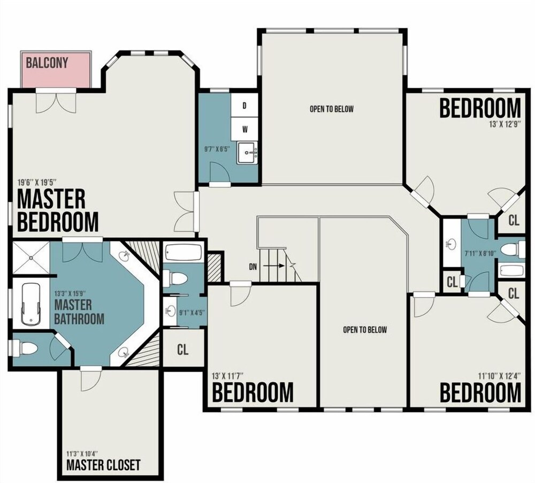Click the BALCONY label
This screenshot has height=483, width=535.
(47, 63)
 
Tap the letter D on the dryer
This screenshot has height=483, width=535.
(244, 106)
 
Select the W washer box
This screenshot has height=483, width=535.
(244, 130)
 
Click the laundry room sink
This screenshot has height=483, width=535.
(248, 153)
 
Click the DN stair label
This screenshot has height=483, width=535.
(253, 267)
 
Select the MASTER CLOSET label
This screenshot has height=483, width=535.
(103, 465)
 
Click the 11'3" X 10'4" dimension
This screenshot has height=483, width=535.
(82, 454)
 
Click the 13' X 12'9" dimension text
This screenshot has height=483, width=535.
(503, 124)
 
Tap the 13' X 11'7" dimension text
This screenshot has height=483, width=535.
(227, 376)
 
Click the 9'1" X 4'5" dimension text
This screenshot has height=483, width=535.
(192, 312)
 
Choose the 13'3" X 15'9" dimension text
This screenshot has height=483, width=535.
(70, 293)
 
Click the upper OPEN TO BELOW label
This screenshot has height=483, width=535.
(332, 109)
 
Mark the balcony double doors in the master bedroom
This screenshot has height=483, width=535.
(56, 101)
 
